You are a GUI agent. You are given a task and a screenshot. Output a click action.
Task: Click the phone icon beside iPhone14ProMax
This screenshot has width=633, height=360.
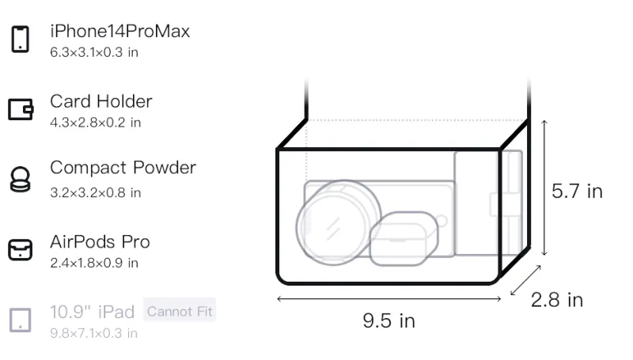[21, 39]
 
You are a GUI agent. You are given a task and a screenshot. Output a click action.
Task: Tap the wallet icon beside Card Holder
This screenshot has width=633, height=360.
[21, 109]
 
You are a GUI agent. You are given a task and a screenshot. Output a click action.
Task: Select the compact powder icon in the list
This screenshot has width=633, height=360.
[21, 179]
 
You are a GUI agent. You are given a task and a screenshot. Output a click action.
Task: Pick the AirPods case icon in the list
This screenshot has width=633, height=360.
[21, 250]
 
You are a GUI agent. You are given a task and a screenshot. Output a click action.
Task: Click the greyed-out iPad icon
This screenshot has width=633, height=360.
[21, 320]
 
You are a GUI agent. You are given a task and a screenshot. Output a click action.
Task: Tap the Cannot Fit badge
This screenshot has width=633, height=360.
[180, 311]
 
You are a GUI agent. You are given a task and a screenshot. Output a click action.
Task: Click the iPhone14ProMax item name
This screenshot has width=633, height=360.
[120, 32]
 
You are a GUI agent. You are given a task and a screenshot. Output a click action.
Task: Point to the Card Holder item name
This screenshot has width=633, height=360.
[101, 101]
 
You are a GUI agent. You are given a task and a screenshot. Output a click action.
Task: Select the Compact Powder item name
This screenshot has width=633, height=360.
[123, 168]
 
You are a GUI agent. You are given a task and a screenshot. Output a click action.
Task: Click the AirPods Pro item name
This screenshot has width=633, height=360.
[100, 242]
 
